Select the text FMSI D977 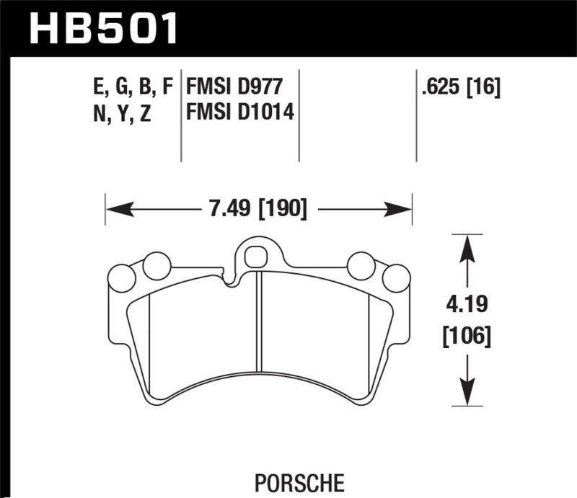(x=232, y=87)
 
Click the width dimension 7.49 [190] (x=257, y=210)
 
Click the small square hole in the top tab (x=254, y=255)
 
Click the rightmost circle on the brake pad (x=395, y=278)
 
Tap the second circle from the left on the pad (x=155, y=266)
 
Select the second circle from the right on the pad (x=360, y=266)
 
